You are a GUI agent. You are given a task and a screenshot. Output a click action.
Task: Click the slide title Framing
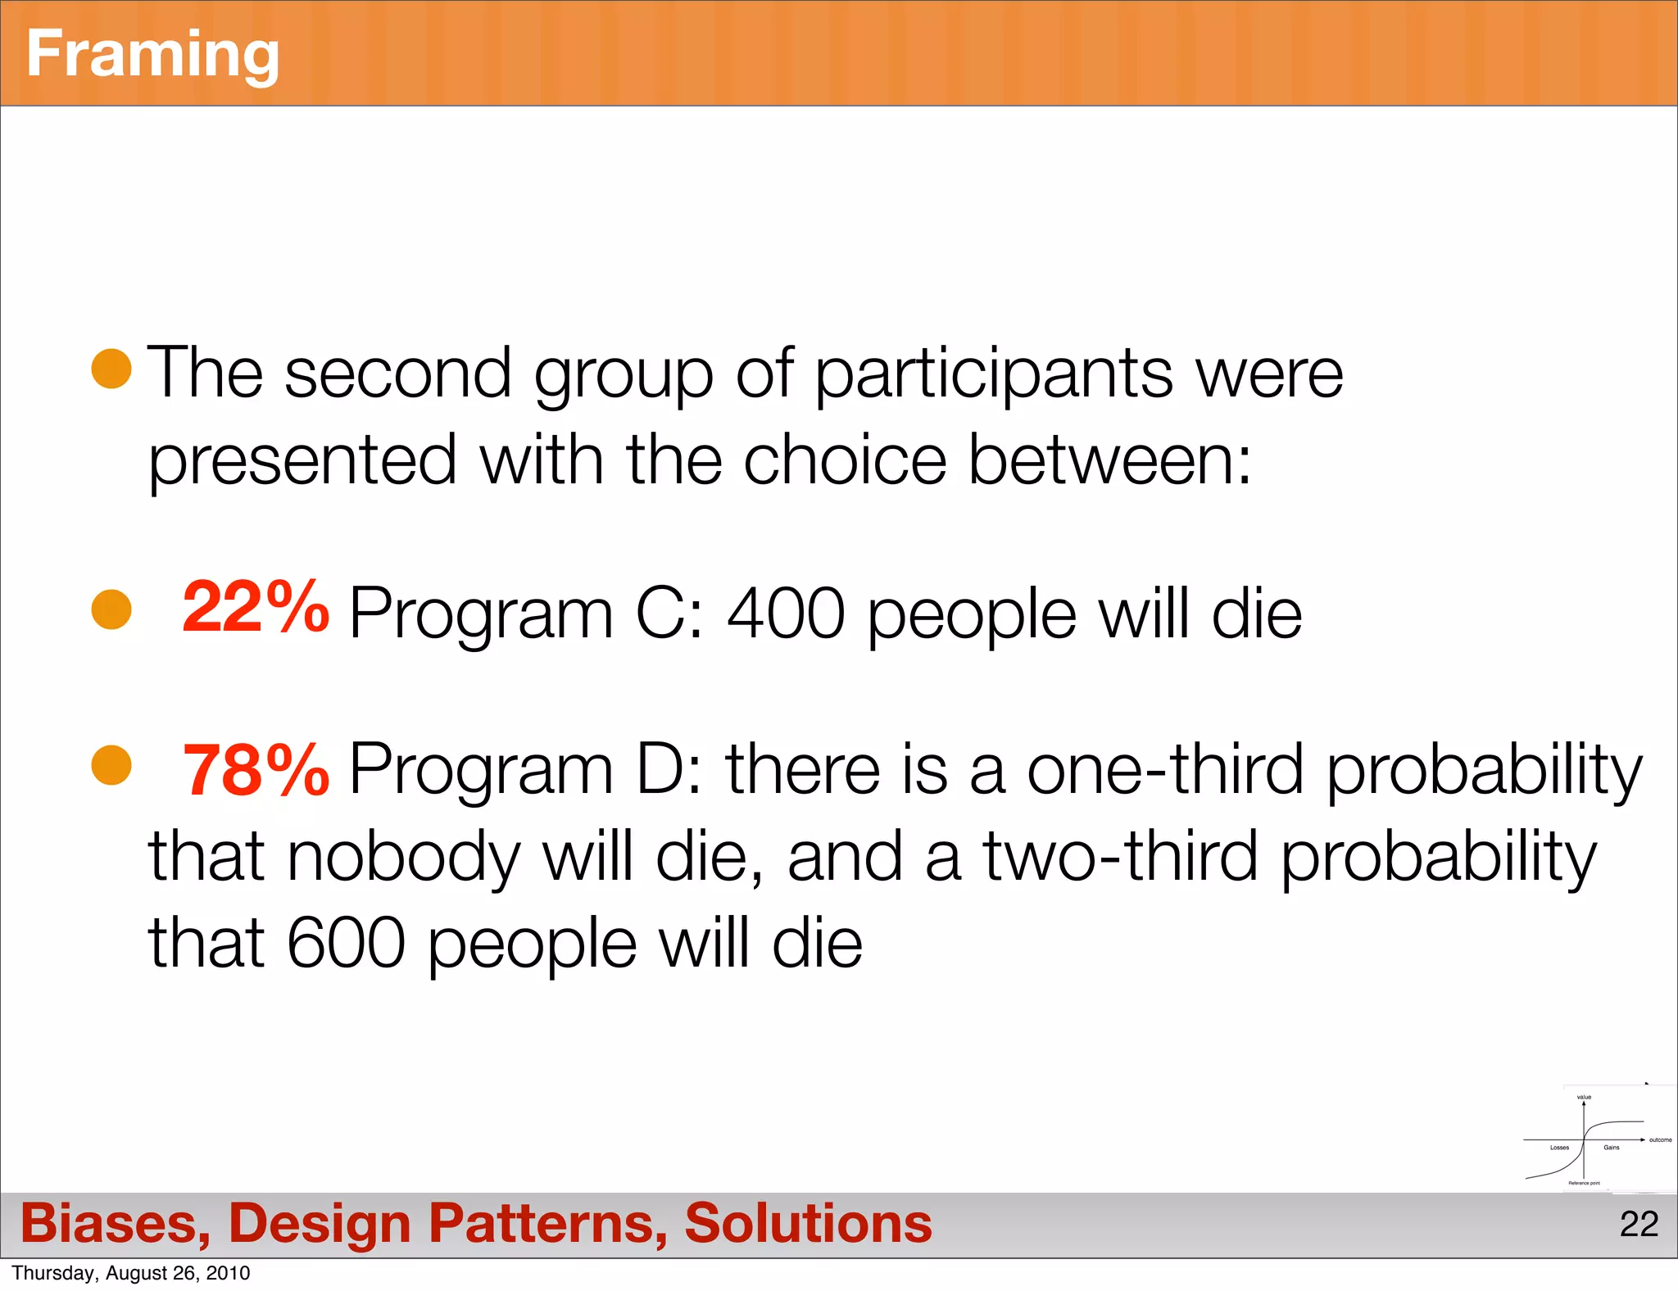pyautogui.click(x=152, y=54)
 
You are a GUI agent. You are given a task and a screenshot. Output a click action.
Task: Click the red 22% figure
pyautogui.click(x=255, y=608)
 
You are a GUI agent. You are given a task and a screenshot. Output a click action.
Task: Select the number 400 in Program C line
pyautogui.click(x=786, y=614)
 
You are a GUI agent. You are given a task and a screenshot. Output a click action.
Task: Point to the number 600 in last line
pyautogui.click(x=346, y=943)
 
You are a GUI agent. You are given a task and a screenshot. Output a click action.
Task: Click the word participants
pyautogui.click(x=994, y=374)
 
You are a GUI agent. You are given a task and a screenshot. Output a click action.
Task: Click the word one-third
pyautogui.click(x=1164, y=769)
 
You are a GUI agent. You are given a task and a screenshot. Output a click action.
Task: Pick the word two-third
pyautogui.click(x=1119, y=857)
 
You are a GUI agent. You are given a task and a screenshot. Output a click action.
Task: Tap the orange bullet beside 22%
pyautogui.click(x=111, y=609)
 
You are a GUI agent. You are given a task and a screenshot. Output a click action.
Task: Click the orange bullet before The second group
pyautogui.click(x=111, y=368)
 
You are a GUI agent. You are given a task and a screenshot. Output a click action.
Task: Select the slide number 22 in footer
pyautogui.click(x=1639, y=1224)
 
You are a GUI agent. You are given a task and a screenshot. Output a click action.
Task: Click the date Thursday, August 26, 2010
pyautogui.click(x=131, y=1273)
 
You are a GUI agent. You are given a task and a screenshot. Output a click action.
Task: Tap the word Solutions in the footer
pyautogui.click(x=808, y=1223)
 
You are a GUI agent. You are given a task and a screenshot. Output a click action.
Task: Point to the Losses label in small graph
pyautogui.click(x=1559, y=1148)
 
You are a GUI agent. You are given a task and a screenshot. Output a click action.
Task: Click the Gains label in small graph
pyautogui.click(x=1612, y=1148)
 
